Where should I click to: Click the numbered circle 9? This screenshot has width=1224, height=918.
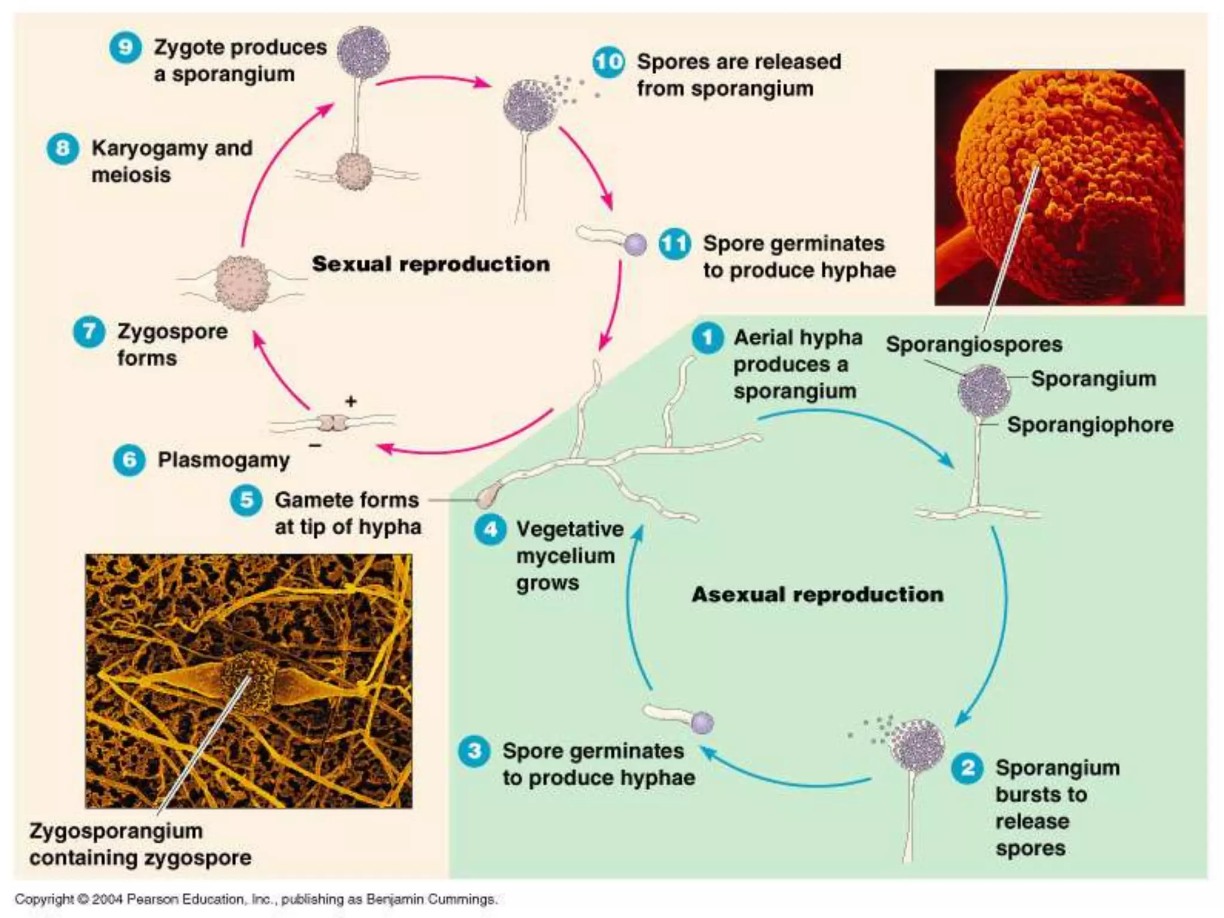(126, 47)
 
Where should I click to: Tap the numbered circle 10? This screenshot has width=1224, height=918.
(608, 62)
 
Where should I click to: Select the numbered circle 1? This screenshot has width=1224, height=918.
(708, 338)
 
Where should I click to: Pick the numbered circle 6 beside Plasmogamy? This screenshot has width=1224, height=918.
(129, 460)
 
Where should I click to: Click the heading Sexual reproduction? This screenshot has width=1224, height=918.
(430, 264)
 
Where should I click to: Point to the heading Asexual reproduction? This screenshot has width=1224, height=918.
(818, 595)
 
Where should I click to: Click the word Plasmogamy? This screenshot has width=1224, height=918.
(224, 460)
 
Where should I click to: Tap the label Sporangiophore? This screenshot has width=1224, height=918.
(1090, 425)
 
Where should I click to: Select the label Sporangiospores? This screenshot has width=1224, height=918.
(974, 345)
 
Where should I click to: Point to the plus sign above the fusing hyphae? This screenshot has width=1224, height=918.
(351, 401)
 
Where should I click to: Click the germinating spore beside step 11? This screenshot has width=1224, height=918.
(635, 244)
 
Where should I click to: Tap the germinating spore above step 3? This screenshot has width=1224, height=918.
(702, 723)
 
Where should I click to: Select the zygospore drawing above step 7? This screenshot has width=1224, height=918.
(241, 283)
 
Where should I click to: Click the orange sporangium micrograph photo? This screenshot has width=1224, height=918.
(1059, 187)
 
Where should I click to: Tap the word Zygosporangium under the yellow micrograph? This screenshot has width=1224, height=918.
(116, 831)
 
